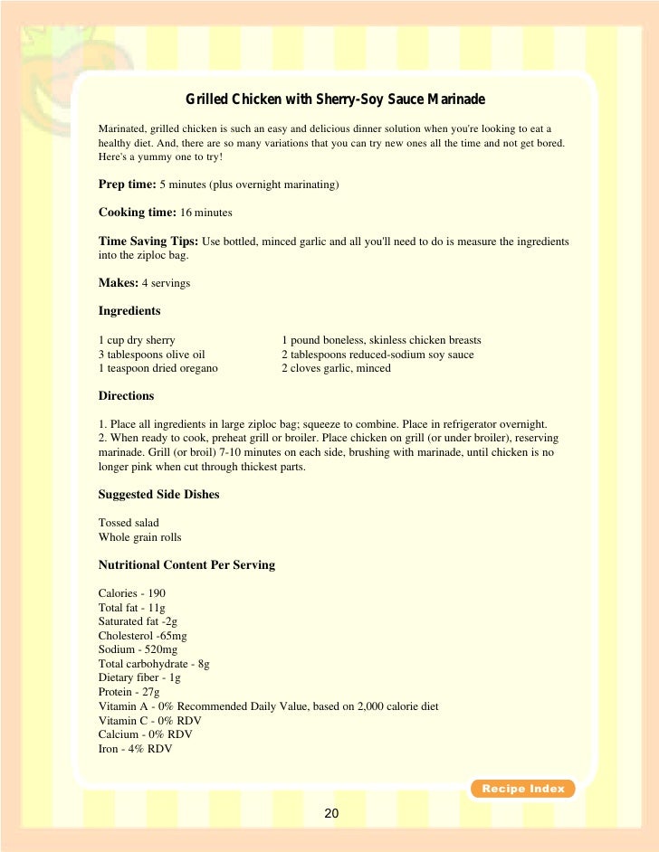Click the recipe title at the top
[336, 99]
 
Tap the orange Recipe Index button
[522, 789]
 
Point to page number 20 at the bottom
[331, 814]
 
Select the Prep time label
[127, 185]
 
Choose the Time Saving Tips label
[148, 241]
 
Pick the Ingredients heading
[129, 311]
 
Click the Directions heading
[126, 396]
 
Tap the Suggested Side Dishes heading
[158, 495]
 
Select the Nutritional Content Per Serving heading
[186, 565]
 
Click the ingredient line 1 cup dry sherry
[137, 340]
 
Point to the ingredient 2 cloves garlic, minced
[336, 368]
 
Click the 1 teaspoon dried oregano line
[158, 368]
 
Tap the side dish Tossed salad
[128, 523]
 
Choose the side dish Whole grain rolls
[140, 537]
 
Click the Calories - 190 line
[131, 594]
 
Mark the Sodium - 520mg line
[138, 650]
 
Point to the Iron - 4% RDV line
[135, 749]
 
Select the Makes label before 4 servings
[118, 283]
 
